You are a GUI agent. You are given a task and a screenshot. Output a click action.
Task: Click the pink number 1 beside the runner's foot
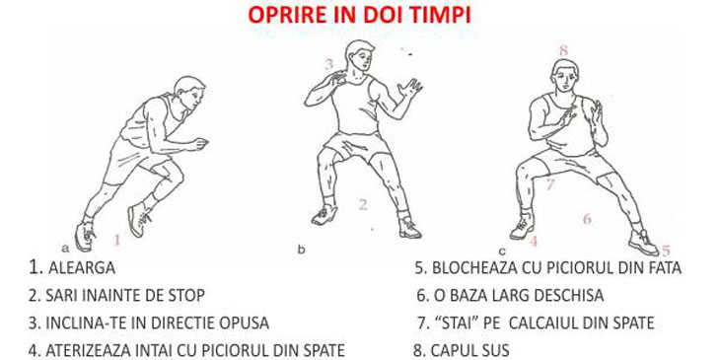click(117, 240)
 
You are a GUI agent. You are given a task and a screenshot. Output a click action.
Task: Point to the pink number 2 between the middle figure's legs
click(363, 204)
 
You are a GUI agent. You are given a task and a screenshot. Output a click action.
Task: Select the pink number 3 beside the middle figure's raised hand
click(328, 64)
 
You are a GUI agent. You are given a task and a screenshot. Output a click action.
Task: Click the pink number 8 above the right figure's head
click(563, 50)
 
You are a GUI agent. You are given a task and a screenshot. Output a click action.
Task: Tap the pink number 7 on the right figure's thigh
click(550, 184)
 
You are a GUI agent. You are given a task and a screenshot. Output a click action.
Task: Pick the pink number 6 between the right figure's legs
click(587, 219)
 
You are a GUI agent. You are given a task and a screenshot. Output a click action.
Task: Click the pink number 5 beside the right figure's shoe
click(666, 251)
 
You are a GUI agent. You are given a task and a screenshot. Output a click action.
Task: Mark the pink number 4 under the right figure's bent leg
click(534, 241)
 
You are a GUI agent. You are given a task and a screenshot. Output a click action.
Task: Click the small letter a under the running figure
click(65, 249)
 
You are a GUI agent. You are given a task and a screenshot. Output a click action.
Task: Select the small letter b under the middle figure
click(301, 250)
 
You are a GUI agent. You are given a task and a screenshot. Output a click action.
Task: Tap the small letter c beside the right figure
click(502, 252)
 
